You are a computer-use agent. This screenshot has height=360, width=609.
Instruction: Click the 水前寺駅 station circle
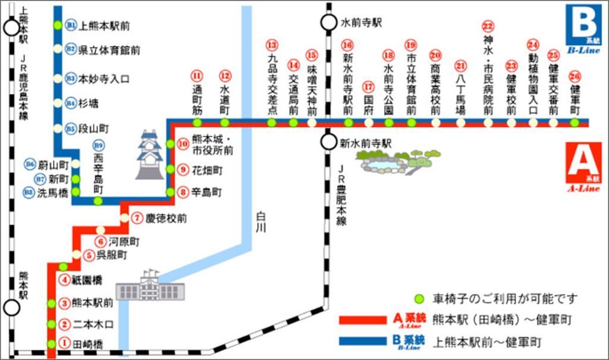[328, 23]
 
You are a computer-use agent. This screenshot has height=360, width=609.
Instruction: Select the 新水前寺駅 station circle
[328, 142]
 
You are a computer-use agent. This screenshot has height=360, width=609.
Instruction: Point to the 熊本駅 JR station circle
[11, 308]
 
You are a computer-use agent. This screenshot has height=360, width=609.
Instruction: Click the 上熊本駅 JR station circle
[11, 27]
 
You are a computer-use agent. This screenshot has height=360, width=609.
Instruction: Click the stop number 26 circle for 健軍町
[574, 76]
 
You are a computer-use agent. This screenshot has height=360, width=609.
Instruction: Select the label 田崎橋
[89, 344]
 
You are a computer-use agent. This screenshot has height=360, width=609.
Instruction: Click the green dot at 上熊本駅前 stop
[57, 26]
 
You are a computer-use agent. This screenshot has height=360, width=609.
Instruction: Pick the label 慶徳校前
[166, 218]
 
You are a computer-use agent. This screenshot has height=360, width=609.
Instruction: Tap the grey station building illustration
[150, 287]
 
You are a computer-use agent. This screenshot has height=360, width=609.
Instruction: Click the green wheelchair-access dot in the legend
[419, 298]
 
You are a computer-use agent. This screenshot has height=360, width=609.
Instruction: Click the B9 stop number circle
[98, 145]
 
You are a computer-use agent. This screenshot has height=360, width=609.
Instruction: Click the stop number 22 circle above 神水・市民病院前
[488, 27]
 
